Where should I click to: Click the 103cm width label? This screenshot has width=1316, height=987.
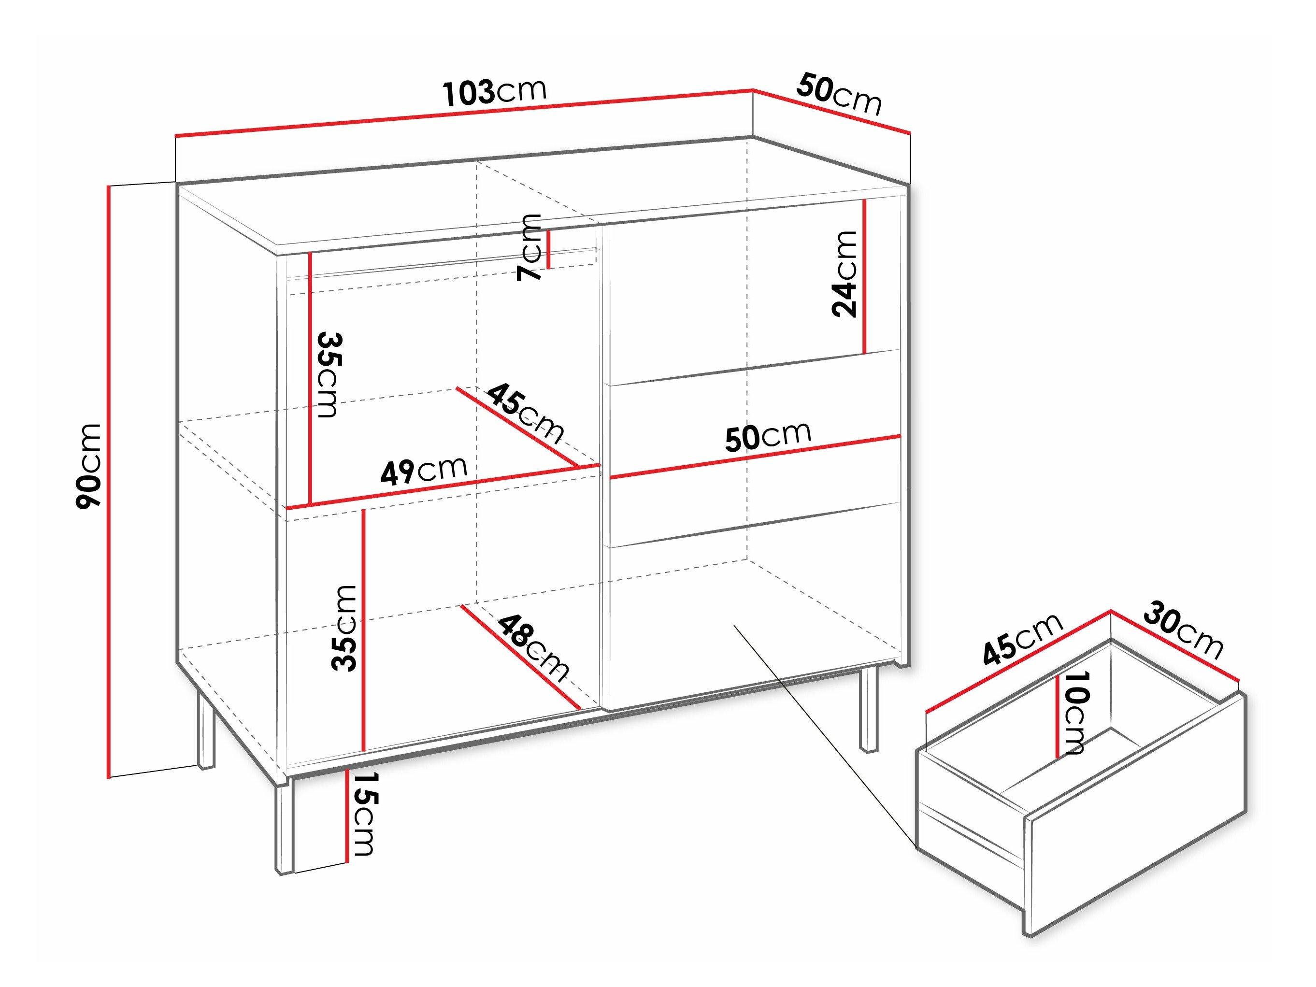point(495,92)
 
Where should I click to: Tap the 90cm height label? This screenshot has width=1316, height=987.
point(89,466)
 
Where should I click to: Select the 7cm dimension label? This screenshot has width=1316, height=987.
point(529,247)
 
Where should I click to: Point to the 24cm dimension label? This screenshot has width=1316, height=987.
point(845,273)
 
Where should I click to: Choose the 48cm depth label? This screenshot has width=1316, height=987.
point(534,648)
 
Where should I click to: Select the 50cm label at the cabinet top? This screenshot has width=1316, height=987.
point(839,94)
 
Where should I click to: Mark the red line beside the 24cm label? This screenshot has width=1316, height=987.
point(864,277)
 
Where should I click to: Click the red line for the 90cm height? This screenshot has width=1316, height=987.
point(109,482)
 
